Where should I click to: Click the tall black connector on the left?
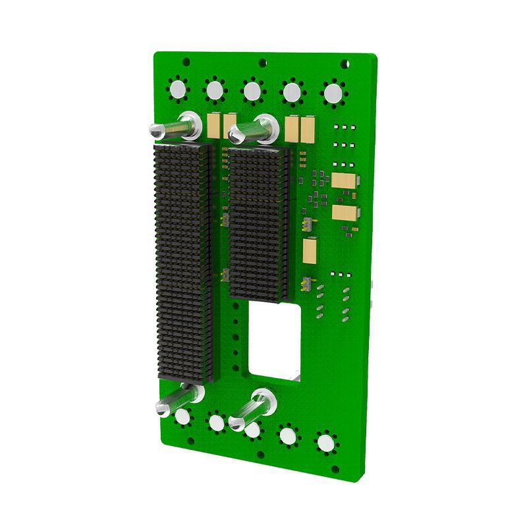[182, 263]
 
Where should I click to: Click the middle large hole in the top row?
[252, 90]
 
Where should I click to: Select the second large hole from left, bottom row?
[215, 422]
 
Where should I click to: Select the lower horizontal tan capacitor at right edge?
[347, 213]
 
